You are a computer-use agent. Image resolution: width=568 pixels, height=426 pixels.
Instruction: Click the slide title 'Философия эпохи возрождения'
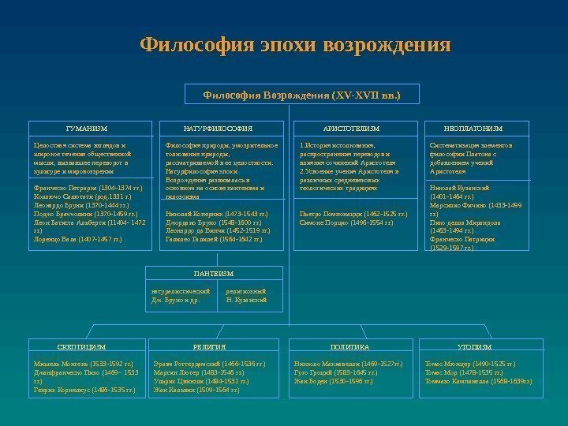[x=295, y=46]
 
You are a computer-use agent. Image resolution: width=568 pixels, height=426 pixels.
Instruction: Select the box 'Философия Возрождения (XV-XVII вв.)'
[x=302, y=95]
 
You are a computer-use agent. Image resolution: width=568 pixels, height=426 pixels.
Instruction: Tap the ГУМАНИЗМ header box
[x=87, y=127]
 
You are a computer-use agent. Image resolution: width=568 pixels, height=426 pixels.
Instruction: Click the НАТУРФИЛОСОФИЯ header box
[x=218, y=127]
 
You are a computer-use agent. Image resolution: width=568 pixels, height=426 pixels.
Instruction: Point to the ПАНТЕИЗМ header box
[x=214, y=273]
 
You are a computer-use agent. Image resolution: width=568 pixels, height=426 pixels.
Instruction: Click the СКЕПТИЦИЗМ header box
[x=82, y=346]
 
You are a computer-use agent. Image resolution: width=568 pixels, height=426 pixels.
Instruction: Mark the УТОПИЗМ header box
[x=474, y=346]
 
